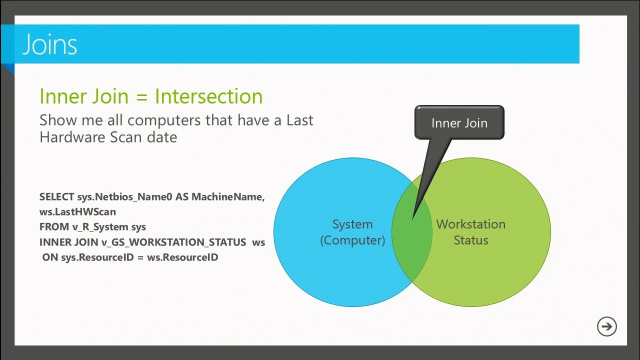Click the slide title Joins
[x=50, y=44]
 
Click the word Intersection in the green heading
[x=208, y=96]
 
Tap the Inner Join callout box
[x=459, y=122]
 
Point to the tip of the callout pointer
[x=412, y=218]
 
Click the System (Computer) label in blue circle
[x=352, y=232]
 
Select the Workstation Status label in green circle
[x=470, y=232]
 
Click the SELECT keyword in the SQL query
[x=57, y=197]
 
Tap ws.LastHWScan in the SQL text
[x=77, y=212]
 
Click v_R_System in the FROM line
[x=100, y=227]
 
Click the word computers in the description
[x=162, y=120]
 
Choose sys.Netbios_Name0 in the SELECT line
[x=124, y=197]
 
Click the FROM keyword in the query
[x=54, y=227]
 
